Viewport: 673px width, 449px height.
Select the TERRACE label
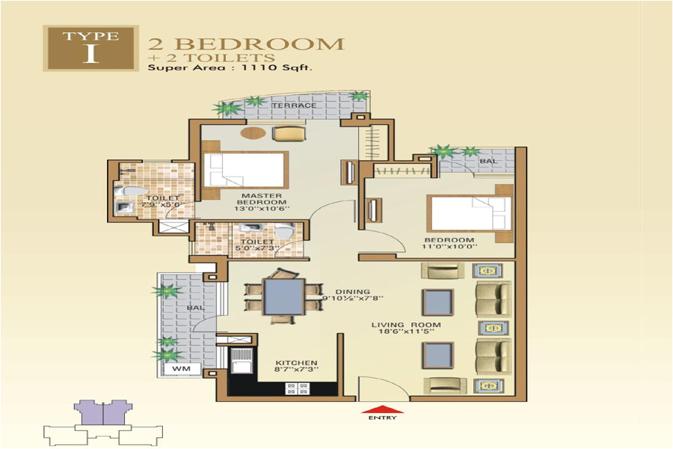294,106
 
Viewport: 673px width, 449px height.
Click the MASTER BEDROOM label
262,198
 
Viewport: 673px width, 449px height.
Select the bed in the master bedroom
245,171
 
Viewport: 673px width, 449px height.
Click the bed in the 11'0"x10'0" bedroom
470,214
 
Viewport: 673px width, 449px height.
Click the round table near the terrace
248,133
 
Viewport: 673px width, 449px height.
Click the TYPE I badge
90,49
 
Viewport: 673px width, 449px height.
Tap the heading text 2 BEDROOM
246,43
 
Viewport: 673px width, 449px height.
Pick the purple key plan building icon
102,413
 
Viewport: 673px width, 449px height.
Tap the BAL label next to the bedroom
488,161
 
